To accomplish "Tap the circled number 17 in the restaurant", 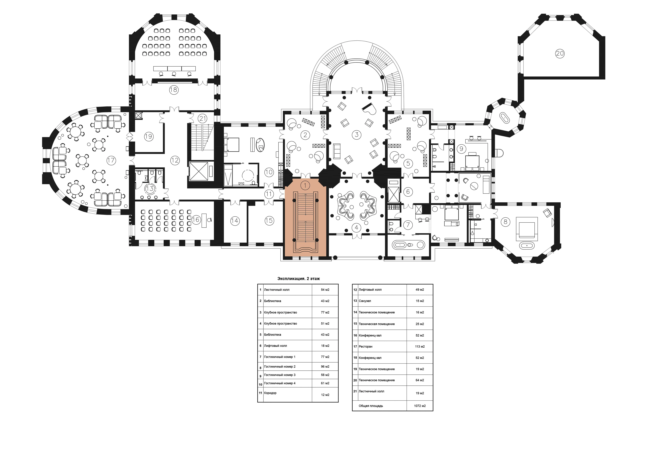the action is pos(111,160).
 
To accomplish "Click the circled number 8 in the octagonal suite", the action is pos(505,222).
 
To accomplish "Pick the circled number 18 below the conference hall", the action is pos(174,90).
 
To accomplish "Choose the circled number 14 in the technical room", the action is pos(235,221).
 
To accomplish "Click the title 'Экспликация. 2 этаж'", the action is pos(298,279).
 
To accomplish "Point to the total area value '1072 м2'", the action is pos(420,406).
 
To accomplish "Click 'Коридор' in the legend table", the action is pos(270,393).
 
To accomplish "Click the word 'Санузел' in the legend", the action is pos(365,301).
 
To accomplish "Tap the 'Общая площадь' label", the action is pos(371,406).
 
